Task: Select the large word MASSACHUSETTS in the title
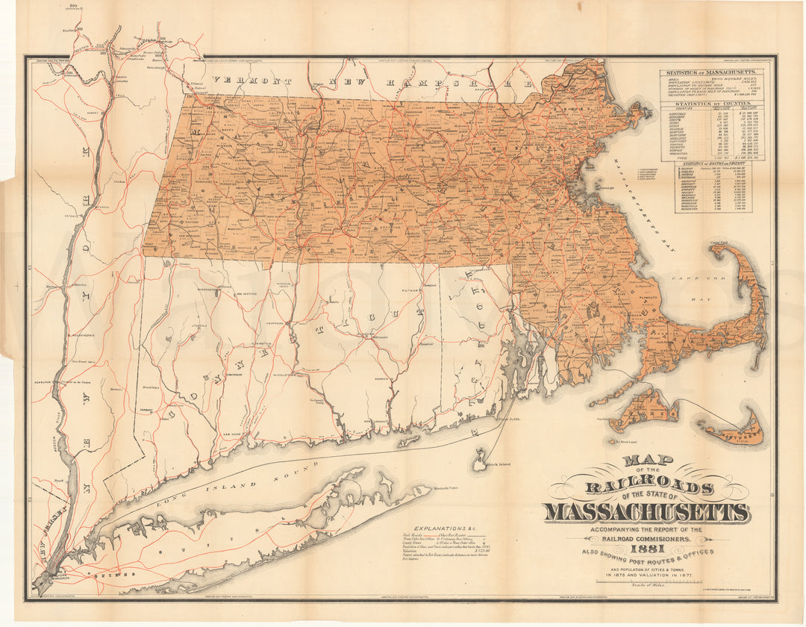tap(646, 512)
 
